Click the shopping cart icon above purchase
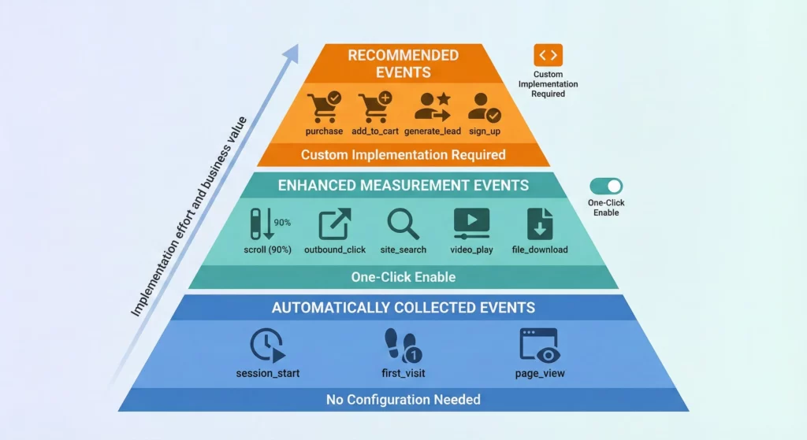click(324, 106)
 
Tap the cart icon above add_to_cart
click(374, 106)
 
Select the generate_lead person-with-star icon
click(432, 106)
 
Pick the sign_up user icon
click(484, 107)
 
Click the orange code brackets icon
click(548, 55)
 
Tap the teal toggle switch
click(606, 187)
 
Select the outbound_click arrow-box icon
click(334, 224)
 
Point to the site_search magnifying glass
click(403, 224)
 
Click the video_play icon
click(471, 224)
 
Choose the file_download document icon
click(540, 224)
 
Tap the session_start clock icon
click(266, 346)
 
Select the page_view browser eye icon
click(539, 346)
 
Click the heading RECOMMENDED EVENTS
click(403, 64)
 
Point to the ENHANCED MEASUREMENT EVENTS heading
click(403, 186)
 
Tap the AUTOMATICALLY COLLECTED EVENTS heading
click(403, 308)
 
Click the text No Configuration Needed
click(403, 400)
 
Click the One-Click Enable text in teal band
click(403, 277)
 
